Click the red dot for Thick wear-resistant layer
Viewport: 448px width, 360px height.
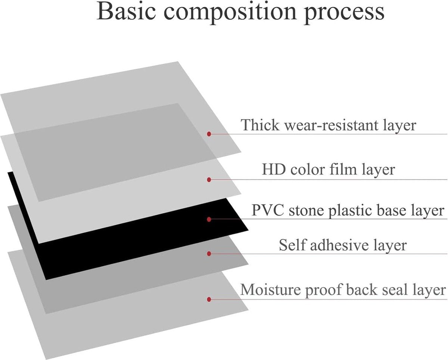[209, 134]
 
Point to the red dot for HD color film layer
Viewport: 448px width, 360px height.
[209, 180]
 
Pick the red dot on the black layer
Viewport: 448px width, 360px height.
[209, 219]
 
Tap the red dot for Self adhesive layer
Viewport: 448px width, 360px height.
[209, 254]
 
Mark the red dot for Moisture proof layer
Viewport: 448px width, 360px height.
[209, 300]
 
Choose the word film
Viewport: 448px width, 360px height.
[343, 169]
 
